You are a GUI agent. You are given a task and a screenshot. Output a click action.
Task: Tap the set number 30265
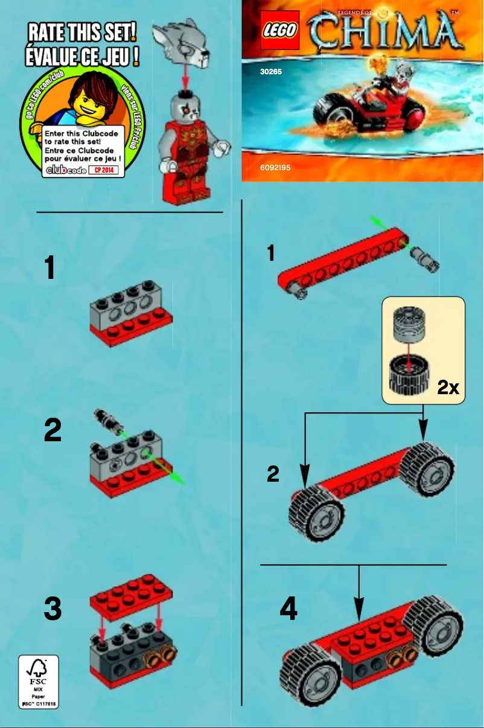[x=271, y=71]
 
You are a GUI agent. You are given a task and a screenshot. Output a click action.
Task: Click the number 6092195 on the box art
[x=275, y=167]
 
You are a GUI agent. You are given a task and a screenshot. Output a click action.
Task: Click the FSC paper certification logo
[x=39, y=681]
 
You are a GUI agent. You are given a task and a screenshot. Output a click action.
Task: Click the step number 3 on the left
[x=53, y=609]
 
